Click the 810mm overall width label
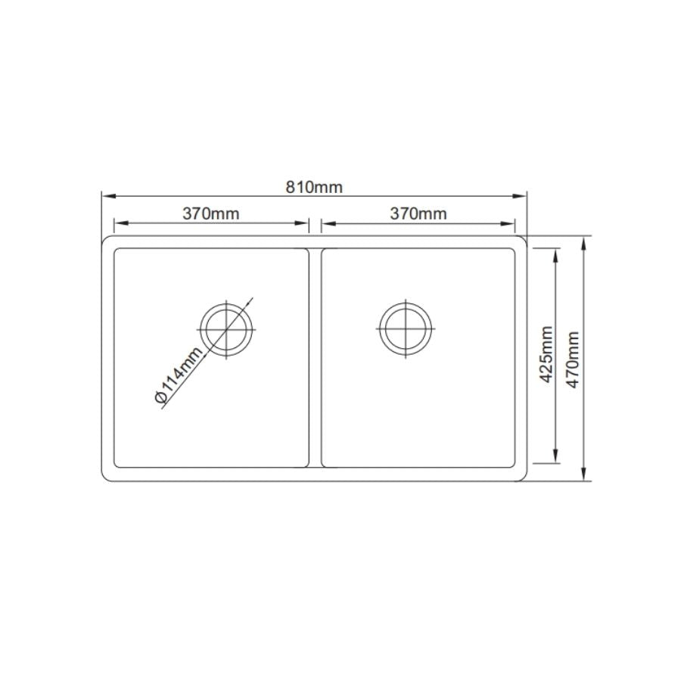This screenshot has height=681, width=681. click(x=314, y=187)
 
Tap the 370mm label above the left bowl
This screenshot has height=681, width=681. click(x=210, y=213)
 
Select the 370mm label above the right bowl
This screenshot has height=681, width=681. click(x=418, y=213)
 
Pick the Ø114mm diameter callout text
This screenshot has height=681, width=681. click(x=179, y=376)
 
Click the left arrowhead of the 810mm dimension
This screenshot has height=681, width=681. click(x=106, y=196)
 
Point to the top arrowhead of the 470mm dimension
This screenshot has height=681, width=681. click(x=585, y=241)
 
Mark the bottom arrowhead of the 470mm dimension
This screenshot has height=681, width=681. click(x=585, y=476)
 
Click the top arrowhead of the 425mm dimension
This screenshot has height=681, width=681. click(x=557, y=253)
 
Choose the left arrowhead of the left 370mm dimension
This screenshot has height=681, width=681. click(x=118, y=223)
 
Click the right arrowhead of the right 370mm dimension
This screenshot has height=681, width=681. click(x=511, y=223)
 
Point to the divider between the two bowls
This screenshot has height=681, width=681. click(x=315, y=357)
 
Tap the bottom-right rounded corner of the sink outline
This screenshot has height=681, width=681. click(x=524, y=477)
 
